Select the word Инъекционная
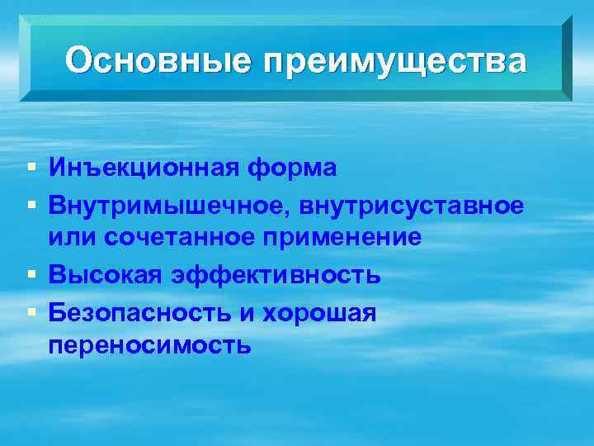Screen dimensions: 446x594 point(144,168)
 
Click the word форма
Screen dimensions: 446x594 point(292,168)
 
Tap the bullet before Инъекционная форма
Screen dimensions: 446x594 point(31,168)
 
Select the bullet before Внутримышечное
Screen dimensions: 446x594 point(31,204)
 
